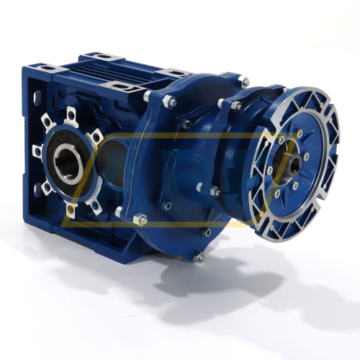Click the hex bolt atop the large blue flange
(170, 102)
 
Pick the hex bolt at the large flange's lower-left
(141, 219)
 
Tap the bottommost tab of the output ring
(71, 210)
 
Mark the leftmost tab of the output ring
(37, 151)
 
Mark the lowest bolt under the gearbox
(201, 256)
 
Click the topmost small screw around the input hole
(298, 134)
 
